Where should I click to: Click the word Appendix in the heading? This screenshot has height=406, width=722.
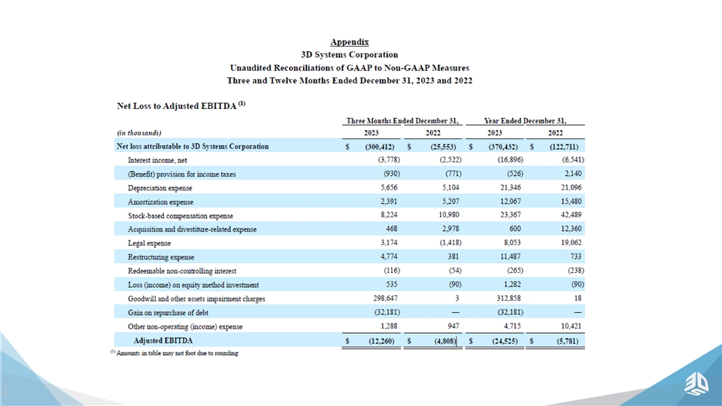(x=349, y=42)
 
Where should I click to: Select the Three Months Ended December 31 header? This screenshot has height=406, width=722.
(x=402, y=120)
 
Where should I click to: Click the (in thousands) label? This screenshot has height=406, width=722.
(x=140, y=132)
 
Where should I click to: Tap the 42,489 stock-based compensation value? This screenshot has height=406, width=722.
(x=569, y=215)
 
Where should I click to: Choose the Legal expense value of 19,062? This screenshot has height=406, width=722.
(x=569, y=243)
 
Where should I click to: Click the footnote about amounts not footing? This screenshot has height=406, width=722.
(x=174, y=353)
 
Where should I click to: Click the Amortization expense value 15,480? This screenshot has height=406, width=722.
(x=569, y=201)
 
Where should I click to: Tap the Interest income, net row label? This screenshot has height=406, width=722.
(x=159, y=159)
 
